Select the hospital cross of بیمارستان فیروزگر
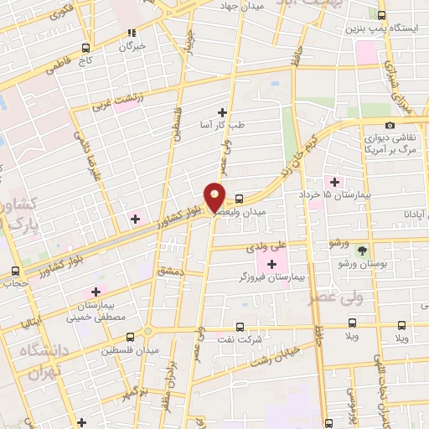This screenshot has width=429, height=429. [271, 265]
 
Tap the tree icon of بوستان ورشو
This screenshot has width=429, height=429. [362, 251]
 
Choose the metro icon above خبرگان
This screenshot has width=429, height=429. [130, 34]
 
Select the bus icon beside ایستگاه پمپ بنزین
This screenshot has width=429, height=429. [382, 15]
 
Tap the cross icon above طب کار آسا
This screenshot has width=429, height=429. [222, 112]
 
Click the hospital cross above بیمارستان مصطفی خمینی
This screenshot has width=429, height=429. [96, 292]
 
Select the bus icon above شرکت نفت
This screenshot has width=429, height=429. [240, 327]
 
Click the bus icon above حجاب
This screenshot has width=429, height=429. [15, 271]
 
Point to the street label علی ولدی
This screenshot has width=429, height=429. [266, 248]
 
